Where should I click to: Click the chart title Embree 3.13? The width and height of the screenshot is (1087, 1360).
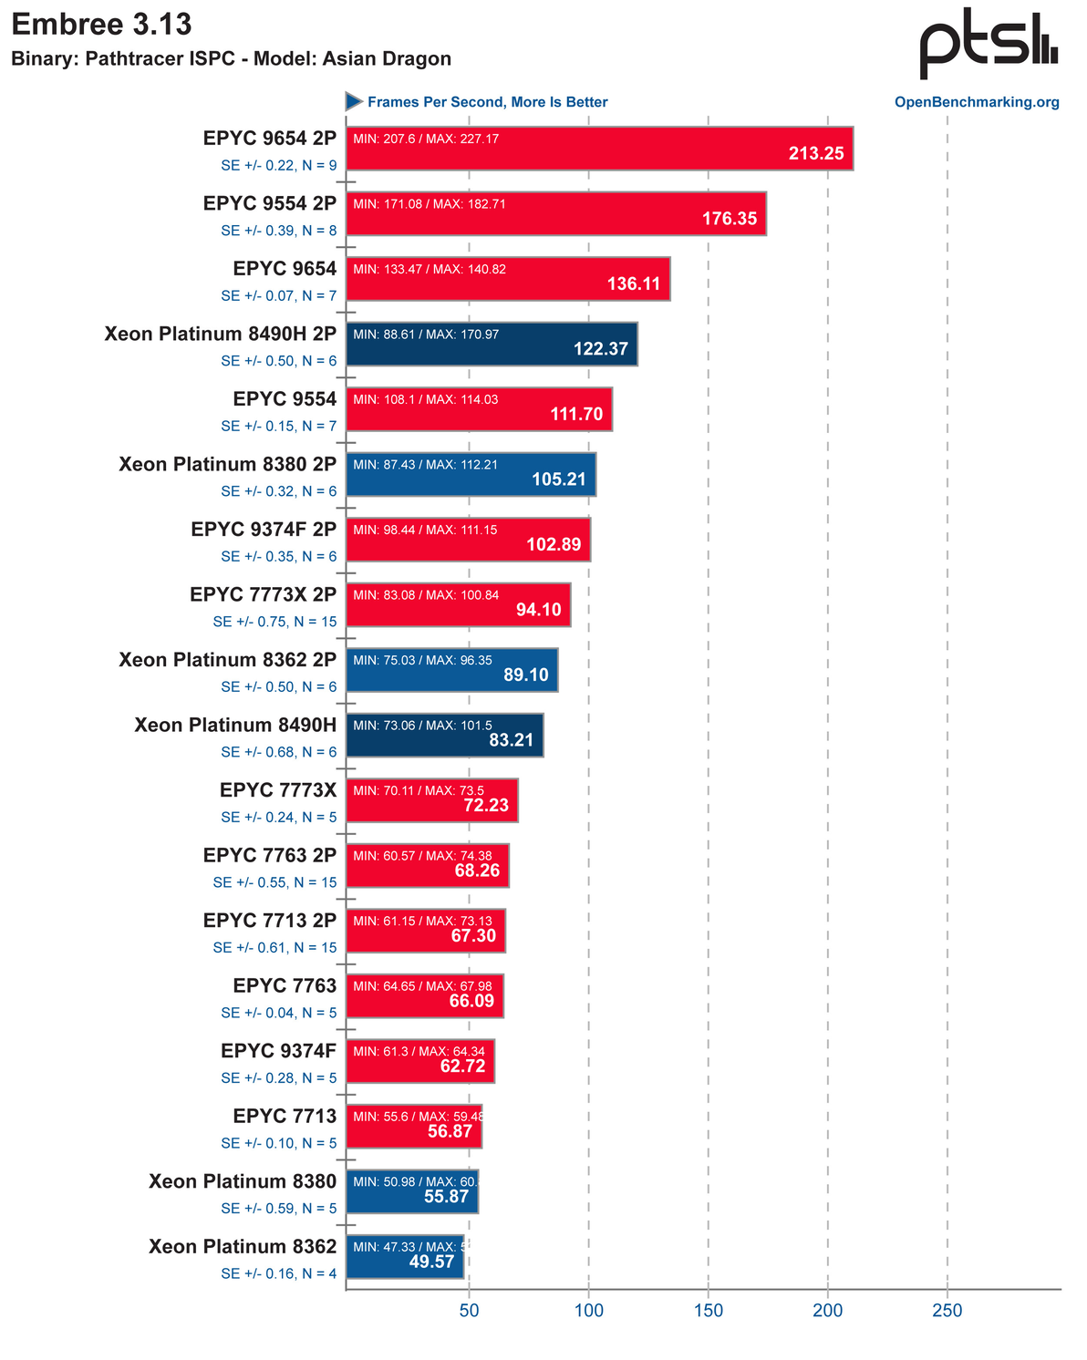point(101,25)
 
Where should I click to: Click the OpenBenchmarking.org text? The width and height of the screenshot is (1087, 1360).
point(977,102)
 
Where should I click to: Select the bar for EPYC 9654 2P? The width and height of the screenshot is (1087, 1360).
point(599,149)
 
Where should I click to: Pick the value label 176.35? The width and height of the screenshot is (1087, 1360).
point(730,219)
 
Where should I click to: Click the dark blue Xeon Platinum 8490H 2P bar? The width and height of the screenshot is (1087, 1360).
point(492,345)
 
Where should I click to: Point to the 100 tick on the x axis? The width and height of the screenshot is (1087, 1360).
point(588,1311)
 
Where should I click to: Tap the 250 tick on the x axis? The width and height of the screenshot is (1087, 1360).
point(947,1311)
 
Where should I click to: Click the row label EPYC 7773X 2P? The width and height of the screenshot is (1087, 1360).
point(263,595)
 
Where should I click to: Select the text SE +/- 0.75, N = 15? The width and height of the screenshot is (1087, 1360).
point(274,622)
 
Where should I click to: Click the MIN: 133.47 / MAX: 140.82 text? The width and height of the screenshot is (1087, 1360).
point(429,269)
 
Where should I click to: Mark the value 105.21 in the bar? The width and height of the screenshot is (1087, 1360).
point(559,479)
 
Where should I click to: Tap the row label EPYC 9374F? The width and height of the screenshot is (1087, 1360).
point(278,1051)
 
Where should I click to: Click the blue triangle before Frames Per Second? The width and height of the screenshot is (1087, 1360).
point(354,102)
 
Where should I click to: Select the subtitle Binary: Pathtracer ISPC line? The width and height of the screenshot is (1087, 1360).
point(231,59)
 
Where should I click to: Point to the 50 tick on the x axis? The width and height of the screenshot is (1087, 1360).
point(469,1311)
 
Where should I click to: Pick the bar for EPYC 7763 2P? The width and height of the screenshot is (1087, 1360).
point(427,866)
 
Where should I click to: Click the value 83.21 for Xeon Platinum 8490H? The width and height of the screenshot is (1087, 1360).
point(512,740)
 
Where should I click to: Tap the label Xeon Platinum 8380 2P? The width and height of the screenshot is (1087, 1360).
point(227,465)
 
